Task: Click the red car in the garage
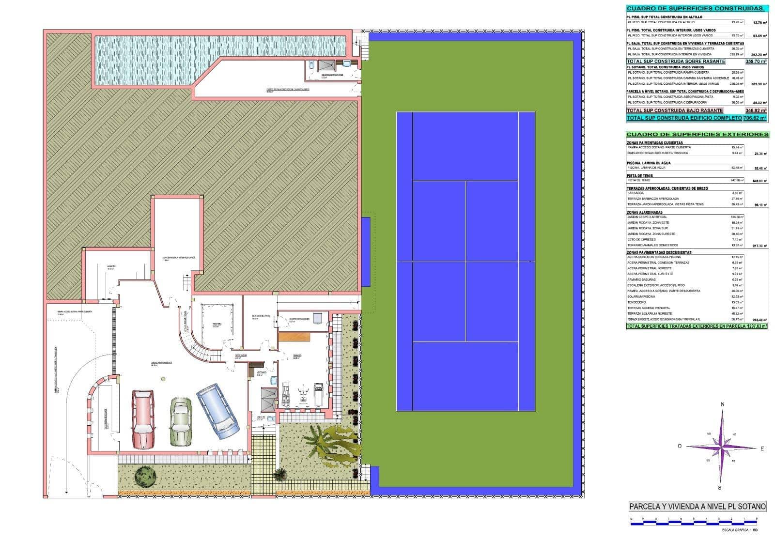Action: click(143, 419)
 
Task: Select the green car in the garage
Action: click(180, 421)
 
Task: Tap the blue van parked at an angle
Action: click(217, 411)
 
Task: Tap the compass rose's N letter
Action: click(722, 404)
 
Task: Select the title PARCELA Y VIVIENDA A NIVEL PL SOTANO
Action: click(697, 507)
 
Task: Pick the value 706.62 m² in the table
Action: click(755, 118)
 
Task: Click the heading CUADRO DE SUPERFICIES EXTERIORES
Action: click(697, 134)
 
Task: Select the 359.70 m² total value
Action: click(756, 62)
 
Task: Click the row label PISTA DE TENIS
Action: click(640, 176)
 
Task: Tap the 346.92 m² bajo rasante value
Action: click(756, 110)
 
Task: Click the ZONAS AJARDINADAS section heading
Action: click(644, 212)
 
